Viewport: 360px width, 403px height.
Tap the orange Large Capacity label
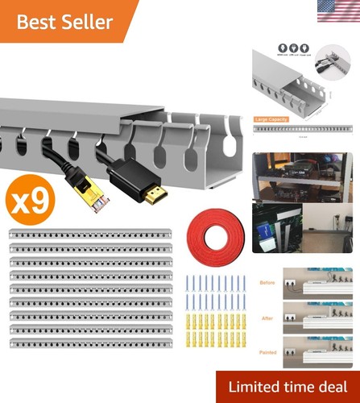(x=271, y=119)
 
